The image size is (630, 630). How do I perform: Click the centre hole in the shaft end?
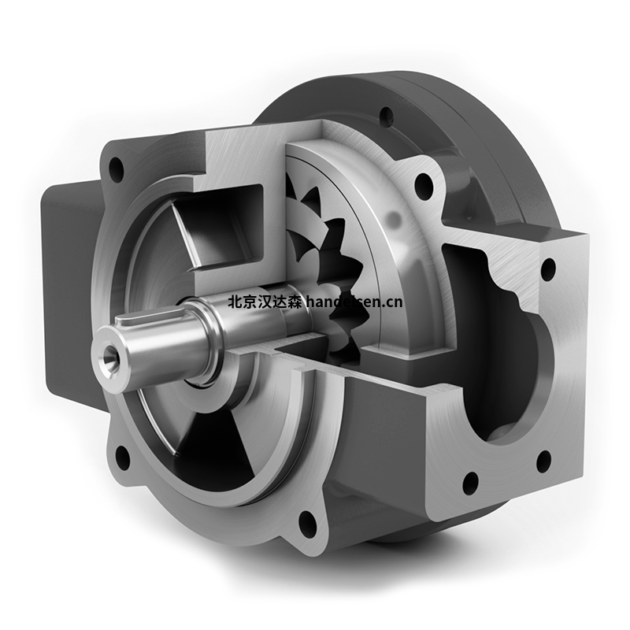110,353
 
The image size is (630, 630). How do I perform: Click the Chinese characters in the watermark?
265,302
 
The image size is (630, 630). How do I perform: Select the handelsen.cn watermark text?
354,302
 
